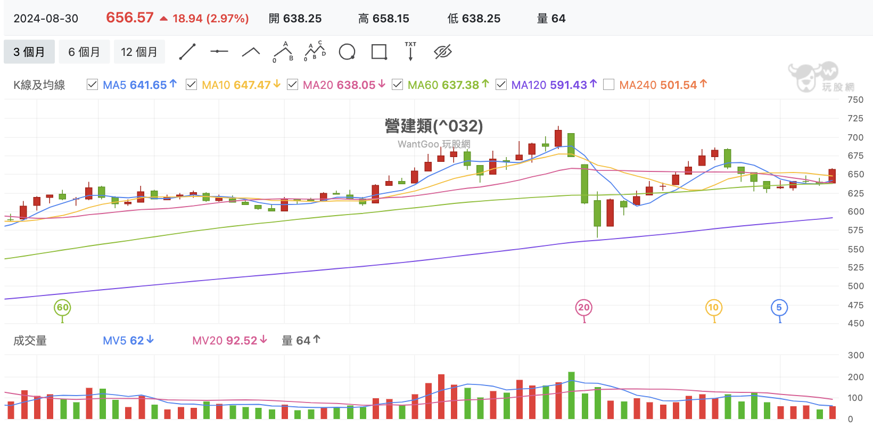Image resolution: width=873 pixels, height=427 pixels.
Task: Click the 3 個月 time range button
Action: (x=29, y=52)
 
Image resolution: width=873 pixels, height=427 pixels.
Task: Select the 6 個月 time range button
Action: (x=84, y=52)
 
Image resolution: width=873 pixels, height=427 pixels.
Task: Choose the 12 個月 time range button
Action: (x=139, y=52)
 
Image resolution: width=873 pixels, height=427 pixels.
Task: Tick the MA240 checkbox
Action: (x=608, y=85)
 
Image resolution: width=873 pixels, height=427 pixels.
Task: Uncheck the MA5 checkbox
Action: (x=93, y=85)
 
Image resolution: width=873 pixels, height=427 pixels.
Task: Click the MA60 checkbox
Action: (x=397, y=85)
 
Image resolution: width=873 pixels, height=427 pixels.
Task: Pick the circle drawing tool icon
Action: (x=347, y=52)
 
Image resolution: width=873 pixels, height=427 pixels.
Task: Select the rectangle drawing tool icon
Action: (x=379, y=52)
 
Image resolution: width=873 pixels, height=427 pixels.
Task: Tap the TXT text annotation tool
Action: (x=410, y=51)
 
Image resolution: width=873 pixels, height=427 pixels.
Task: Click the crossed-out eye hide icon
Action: (x=443, y=52)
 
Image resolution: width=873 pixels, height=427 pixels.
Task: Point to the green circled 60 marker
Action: (x=62, y=307)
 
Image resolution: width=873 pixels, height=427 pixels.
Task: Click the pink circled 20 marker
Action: (x=584, y=307)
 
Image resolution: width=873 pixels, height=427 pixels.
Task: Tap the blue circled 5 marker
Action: (x=779, y=307)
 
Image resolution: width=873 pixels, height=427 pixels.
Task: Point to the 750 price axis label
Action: (x=855, y=100)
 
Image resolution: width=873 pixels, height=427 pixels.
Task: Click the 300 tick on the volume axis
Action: (x=856, y=355)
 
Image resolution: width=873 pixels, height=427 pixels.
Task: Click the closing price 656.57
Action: (x=130, y=18)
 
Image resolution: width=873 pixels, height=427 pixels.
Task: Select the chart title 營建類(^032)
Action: (x=434, y=126)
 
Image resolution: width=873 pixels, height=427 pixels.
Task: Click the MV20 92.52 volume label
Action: (x=229, y=340)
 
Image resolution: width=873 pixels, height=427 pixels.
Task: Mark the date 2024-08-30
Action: (x=46, y=18)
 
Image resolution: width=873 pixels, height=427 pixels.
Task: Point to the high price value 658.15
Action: (x=391, y=18)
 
